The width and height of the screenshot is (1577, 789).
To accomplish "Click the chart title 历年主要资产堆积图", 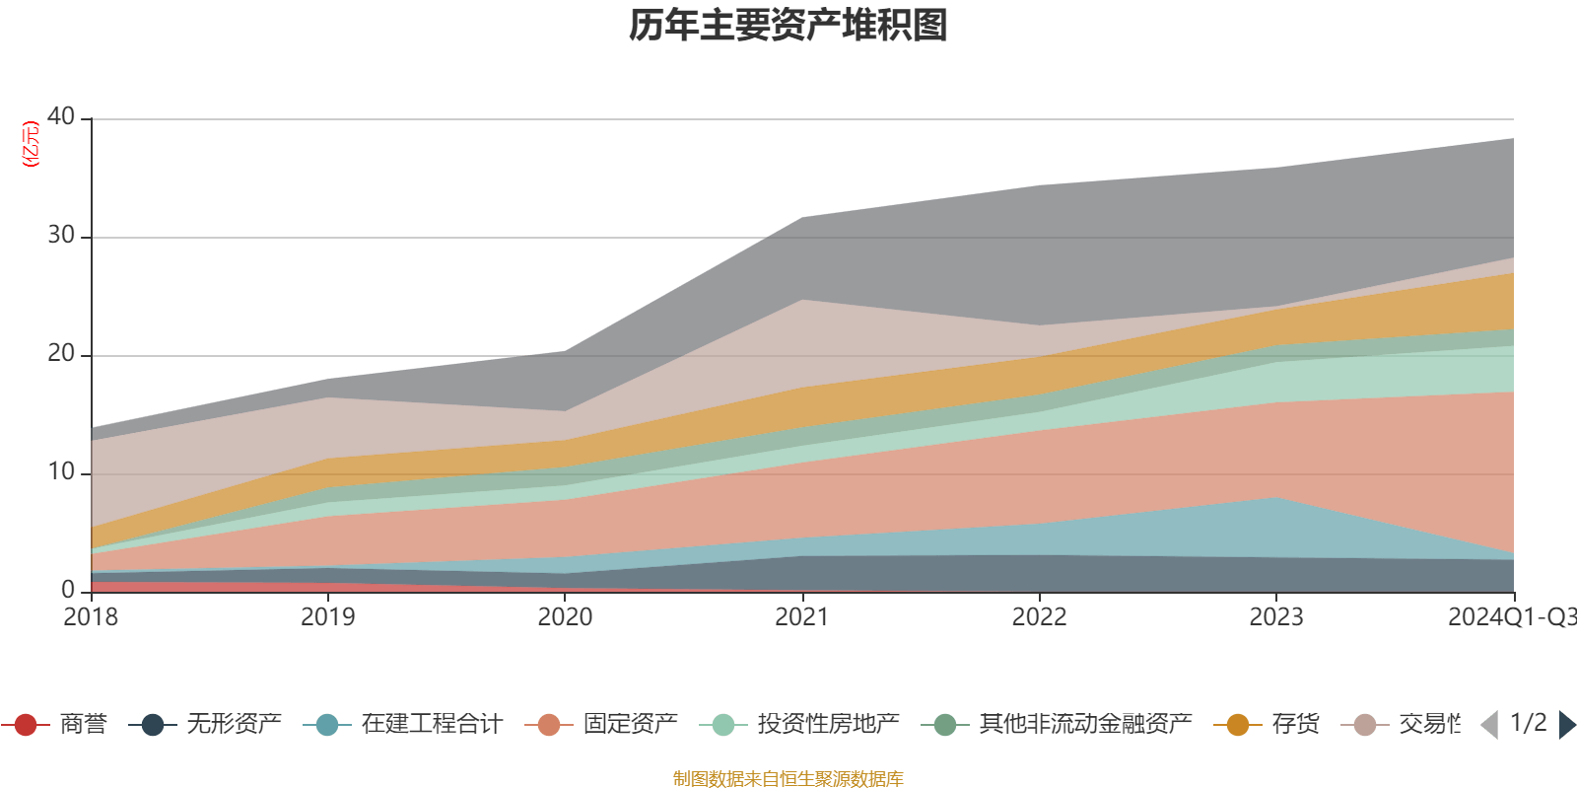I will tap(788, 26).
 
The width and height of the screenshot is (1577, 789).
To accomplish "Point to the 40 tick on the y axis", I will tap(61, 116).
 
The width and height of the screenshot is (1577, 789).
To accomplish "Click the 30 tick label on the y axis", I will tap(61, 235).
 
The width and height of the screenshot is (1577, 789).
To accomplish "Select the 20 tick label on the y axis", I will tap(61, 353).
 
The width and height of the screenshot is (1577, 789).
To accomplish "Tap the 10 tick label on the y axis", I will tap(61, 471).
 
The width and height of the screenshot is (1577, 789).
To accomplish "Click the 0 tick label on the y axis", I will tap(68, 590).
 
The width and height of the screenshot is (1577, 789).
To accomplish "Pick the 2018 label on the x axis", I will tap(91, 617).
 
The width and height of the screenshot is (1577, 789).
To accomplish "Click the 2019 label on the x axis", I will tap(327, 617).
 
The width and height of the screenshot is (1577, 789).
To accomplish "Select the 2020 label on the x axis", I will tap(565, 617).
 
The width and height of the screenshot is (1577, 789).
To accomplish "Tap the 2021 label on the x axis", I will tap(802, 617).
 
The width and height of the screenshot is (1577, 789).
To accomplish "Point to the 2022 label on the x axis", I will tap(1039, 617).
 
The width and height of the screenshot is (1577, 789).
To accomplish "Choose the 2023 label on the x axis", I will tap(1276, 617).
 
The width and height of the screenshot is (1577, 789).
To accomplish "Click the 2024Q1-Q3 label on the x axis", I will tap(1510, 617).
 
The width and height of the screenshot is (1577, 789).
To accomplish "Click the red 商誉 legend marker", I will tap(27, 725).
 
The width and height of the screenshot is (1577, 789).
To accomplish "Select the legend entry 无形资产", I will tap(234, 725).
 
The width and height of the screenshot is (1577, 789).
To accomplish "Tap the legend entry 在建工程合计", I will tap(431, 725).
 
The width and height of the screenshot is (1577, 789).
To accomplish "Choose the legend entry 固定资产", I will tap(630, 725).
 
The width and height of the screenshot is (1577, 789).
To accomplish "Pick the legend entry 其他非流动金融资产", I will tap(1084, 725).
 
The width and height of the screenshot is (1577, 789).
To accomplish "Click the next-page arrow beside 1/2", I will tap(1566, 725).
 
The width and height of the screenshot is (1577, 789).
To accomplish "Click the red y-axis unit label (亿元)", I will tap(31, 144).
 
